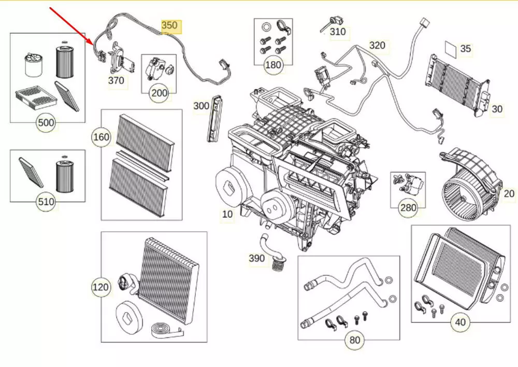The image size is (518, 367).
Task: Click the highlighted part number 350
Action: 169,25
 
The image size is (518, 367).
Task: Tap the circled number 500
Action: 46,123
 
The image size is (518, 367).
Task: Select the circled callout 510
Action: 46,201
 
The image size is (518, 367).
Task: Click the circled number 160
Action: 101,137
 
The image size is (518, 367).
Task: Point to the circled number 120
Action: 101,287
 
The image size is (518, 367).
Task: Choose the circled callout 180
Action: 273,65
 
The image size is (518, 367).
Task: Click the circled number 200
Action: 159,93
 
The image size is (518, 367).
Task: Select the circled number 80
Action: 354,340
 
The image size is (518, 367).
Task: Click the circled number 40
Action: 460,322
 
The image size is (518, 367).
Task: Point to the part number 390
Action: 256,258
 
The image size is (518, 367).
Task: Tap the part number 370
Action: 116,80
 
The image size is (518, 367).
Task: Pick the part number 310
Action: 338,32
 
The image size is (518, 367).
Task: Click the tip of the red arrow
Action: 93,45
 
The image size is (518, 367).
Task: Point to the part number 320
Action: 377,46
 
